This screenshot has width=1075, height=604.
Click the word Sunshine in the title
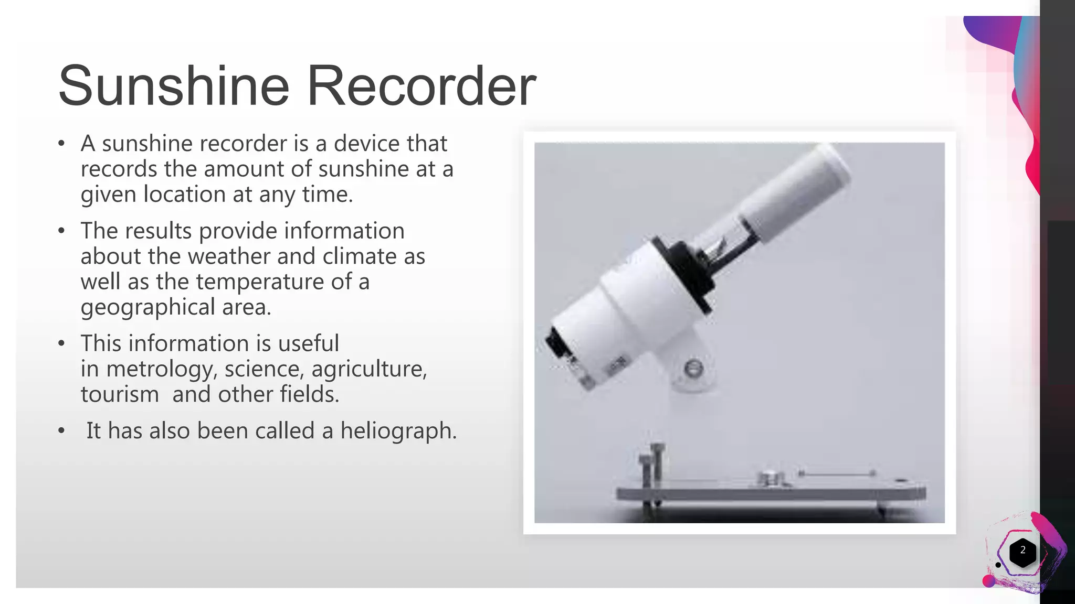[173, 85]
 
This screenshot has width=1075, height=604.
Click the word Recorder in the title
[421, 85]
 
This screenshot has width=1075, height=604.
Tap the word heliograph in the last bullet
[398, 431]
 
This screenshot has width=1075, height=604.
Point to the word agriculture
[369, 369]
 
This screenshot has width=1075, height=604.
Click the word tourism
[120, 394]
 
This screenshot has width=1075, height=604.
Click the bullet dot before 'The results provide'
[62, 231]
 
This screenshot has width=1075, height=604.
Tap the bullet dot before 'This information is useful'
[62, 343]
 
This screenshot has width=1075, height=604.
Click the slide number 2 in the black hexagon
[1023, 551]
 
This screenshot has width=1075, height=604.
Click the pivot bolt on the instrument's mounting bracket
[694, 369]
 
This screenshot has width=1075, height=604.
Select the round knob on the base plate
[770, 478]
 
